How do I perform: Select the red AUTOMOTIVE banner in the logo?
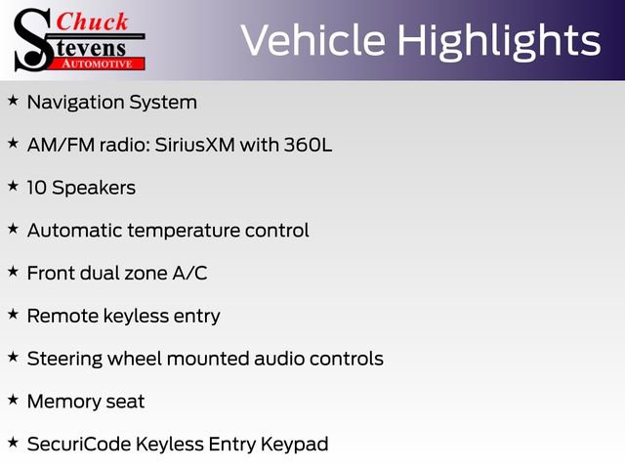(98, 64)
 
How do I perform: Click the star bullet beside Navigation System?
(13, 101)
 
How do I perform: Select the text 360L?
(309, 146)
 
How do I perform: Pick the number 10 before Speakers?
(37, 188)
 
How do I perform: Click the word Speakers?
(94, 189)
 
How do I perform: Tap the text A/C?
(189, 274)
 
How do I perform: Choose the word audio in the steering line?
(280, 359)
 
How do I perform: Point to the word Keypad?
(294, 446)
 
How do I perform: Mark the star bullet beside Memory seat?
(13, 400)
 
